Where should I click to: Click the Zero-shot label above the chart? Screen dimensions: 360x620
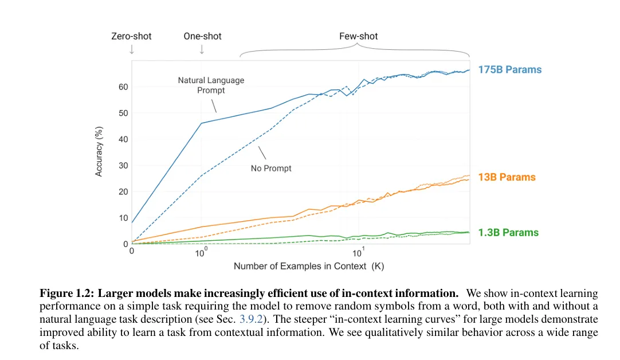pyautogui.click(x=131, y=36)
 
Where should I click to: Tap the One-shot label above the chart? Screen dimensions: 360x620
pyautogui.click(x=202, y=36)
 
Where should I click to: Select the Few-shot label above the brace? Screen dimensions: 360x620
pyautogui.click(x=359, y=36)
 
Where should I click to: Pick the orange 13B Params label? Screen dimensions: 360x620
pyautogui.click(x=507, y=177)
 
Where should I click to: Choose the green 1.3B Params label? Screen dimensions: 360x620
pyautogui.click(x=508, y=233)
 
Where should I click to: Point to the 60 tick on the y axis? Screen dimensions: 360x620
pyautogui.click(x=123, y=87)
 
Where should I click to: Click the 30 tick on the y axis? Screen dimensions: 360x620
pyautogui.click(x=123, y=166)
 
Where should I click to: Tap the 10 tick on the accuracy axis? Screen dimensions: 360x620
pyautogui.click(x=123, y=218)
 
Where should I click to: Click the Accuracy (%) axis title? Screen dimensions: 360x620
pyautogui.click(x=99, y=150)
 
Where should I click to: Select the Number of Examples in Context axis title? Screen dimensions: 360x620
pyautogui.click(x=308, y=267)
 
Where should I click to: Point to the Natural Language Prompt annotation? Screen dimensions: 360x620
pyautogui.click(x=211, y=85)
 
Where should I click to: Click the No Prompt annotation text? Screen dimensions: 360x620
pyautogui.click(x=271, y=169)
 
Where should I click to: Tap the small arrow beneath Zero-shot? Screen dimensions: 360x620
pyautogui.click(x=131, y=49)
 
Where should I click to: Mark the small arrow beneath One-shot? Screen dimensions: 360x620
pyautogui.click(x=202, y=49)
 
